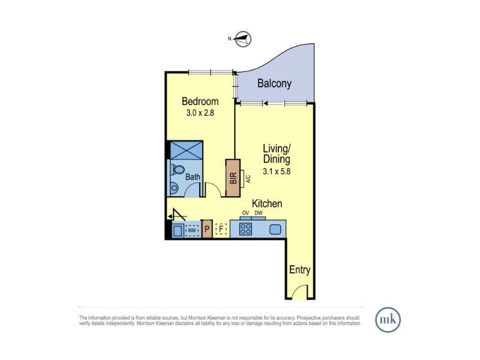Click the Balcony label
pos(274,83)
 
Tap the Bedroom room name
pos(200,101)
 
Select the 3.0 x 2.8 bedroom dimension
pos(200,113)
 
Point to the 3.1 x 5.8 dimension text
pos(277,171)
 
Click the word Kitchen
pos(267,203)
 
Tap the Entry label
pos(299,269)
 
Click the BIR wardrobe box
pos(233,178)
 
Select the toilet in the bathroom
pos(178,170)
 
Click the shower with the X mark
pos(187,150)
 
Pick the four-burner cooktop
pos(245,229)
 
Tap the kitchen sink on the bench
pos(275,229)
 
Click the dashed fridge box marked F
pos(221,229)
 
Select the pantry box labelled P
pos(207,229)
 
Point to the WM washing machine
pos(191,230)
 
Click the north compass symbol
pos(243,39)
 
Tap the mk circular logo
pos(388,320)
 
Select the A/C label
pos(248,179)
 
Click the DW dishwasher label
pos(259,213)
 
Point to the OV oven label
pos(245,213)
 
